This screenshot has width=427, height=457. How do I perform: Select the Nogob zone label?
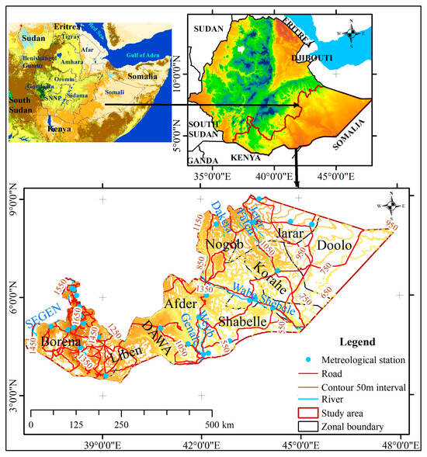225,245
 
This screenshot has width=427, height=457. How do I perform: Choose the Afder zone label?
182,306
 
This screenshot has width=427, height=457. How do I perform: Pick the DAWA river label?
159,338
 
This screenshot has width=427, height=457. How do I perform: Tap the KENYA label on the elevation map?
246,158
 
